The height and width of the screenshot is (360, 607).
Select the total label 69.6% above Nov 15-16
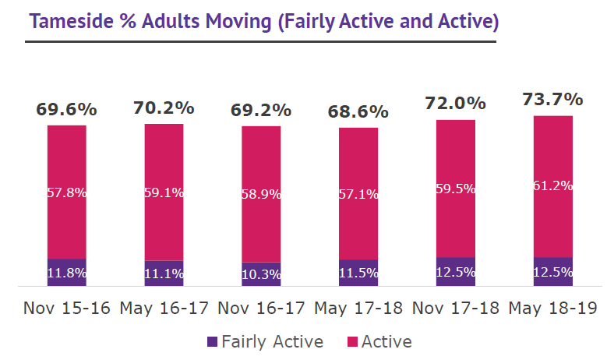[x=66, y=110]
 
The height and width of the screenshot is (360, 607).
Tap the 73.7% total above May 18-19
[x=552, y=100]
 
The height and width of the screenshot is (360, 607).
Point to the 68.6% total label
[x=358, y=112]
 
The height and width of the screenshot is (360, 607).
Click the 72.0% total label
[x=455, y=104]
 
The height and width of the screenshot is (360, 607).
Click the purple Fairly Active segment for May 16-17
[x=164, y=273]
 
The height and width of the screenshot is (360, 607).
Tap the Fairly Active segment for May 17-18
[x=358, y=273]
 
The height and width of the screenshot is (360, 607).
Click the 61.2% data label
[x=552, y=186]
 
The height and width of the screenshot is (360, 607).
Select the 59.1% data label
[x=164, y=192]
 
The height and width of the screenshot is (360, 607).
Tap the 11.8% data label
[x=66, y=274]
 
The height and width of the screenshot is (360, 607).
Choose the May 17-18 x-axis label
[x=358, y=309]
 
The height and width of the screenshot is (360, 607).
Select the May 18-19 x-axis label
[x=552, y=309]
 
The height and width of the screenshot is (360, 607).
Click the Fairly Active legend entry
[x=265, y=341]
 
